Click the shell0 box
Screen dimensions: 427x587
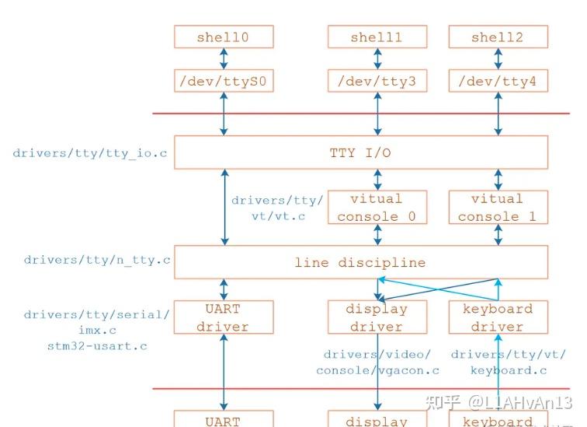pyautogui.click(x=224, y=37)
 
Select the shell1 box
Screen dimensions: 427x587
pyautogui.click(x=377, y=37)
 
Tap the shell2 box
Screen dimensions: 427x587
pyautogui.click(x=498, y=37)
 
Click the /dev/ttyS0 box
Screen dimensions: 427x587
pyautogui.click(x=224, y=80)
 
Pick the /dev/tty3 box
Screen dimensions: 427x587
pyautogui.click(x=377, y=80)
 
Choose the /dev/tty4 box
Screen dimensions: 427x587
pyautogui.click(x=498, y=80)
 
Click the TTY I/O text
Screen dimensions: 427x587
pyautogui.click(x=360, y=153)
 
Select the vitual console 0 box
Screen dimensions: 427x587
pyautogui.click(x=377, y=208)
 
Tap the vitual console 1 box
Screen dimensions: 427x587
pyautogui.click(x=498, y=208)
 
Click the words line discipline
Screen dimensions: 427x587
pyautogui.click(x=360, y=263)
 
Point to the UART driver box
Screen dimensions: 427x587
pyautogui.click(x=224, y=317)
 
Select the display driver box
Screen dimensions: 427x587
pyautogui.click(x=377, y=317)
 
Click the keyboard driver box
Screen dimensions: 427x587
pyautogui.click(x=498, y=317)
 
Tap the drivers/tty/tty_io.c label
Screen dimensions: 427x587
pyautogui.click(x=90, y=153)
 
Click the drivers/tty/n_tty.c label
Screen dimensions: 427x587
pyautogui.click(x=97, y=260)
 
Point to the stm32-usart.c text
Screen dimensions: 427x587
pyautogui.click(x=97, y=345)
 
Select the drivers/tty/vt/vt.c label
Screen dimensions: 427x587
pyautogui.click(x=277, y=208)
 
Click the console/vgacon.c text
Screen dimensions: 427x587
pyautogui.click(x=378, y=370)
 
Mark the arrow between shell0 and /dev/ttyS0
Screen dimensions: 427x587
pyautogui.click(x=224, y=58)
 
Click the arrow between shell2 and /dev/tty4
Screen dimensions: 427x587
pyautogui.click(x=498, y=58)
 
